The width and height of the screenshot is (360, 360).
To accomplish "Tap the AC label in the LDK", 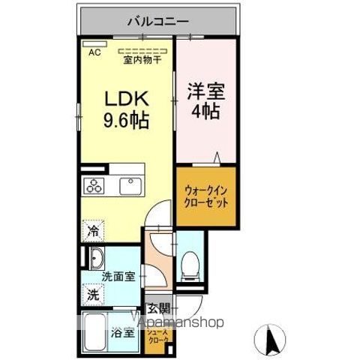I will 94,52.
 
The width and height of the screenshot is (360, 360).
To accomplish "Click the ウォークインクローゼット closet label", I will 204,198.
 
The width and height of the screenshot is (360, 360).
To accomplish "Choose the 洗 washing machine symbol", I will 91,295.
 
